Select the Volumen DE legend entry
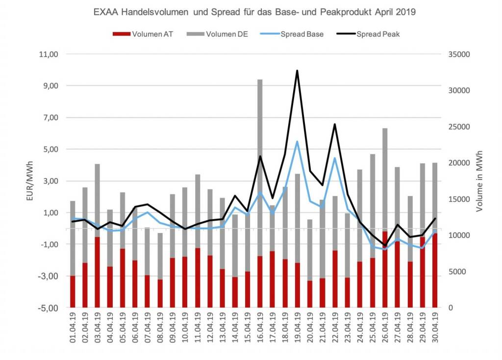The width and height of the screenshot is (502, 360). coord(226,34)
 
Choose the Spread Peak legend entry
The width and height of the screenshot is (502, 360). coord(378,34)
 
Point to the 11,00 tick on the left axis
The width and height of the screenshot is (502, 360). coord(48,54)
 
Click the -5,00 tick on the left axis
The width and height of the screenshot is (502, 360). coord(48,308)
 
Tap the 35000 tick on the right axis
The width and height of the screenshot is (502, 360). coord(460,54)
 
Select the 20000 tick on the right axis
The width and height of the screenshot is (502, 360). coord(460,163)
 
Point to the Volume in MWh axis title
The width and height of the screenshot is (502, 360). coord(479,180)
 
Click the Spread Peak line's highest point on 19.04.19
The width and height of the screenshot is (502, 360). coord(297,71)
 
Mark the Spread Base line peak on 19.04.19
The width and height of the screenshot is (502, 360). coord(297,141)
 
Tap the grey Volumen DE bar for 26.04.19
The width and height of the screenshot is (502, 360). coord(385,177)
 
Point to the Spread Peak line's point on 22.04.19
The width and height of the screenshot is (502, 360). coord(335,124)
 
